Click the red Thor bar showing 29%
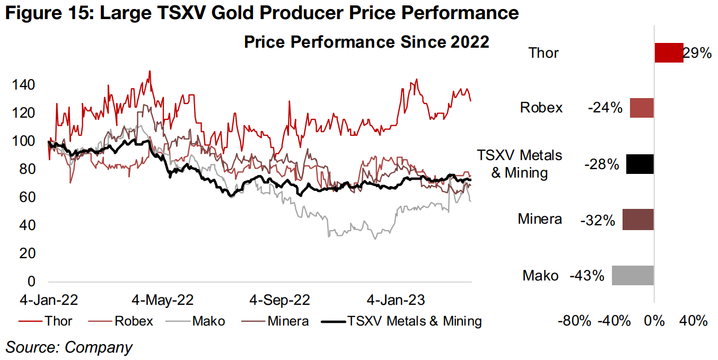tap(669, 53)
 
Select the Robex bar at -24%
tap(642, 108)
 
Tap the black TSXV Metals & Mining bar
tap(640, 164)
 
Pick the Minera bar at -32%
tap(638, 219)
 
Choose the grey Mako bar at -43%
tap(633, 276)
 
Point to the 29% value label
tap(697, 53)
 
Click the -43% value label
tap(587, 276)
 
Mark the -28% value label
tap(602, 164)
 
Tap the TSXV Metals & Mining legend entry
tap(403, 321)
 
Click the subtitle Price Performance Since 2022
tap(366, 42)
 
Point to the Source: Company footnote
tap(69, 347)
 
